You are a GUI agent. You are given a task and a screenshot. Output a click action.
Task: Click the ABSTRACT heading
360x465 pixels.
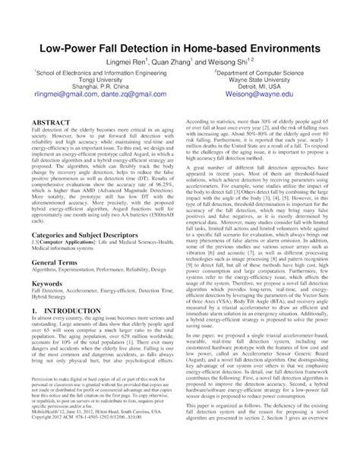pyautogui.click(x=54, y=122)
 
